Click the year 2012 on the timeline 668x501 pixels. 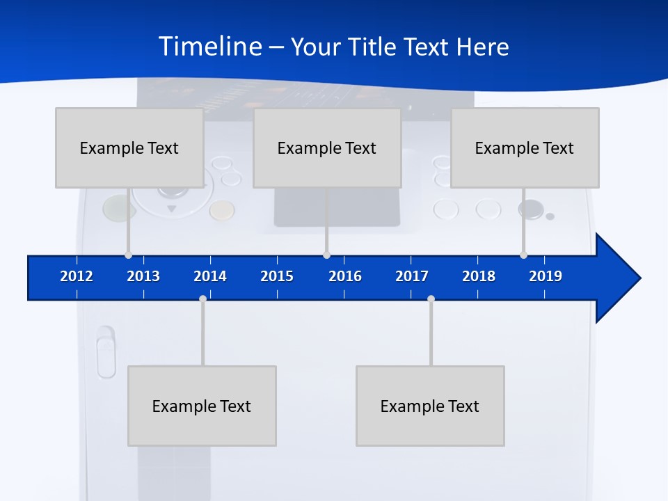click(x=77, y=276)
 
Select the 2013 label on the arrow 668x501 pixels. click(x=143, y=276)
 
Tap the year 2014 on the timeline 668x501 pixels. click(x=210, y=276)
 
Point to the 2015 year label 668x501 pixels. click(x=277, y=276)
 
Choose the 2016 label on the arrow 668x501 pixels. click(x=345, y=276)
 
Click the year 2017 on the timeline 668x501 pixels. click(x=412, y=276)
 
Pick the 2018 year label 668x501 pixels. click(x=479, y=276)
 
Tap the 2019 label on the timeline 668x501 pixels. click(x=546, y=276)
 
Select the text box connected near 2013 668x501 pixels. click(x=129, y=148)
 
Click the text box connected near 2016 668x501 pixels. click(x=327, y=148)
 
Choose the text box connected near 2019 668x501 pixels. click(x=525, y=148)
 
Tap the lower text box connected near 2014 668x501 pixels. click(x=202, y=406)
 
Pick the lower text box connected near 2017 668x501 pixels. click(x=430, y=406)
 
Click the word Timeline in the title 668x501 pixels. click(x=210, y=47)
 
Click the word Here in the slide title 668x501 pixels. click(x=482, y=47)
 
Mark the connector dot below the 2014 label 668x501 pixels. click(x=202, y=299)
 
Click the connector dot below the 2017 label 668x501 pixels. click(x=431, y=299)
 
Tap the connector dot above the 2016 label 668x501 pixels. click(x=326, y=255)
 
